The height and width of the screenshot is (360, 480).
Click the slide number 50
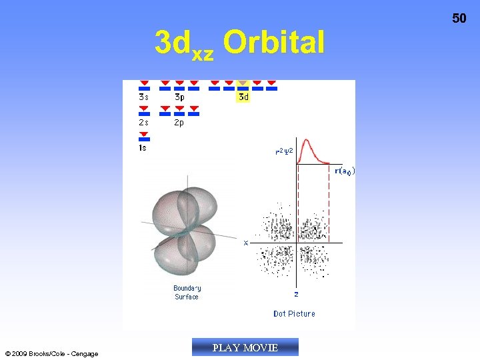pyautogui.click(x=459, y=19)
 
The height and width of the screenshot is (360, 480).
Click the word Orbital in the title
pyautogui.click(x=274, y=43)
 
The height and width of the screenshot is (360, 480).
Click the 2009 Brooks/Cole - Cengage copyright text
pyautogui.click(x=51, y=353)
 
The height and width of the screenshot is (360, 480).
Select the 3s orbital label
pyautogui.click(x=144, y=97)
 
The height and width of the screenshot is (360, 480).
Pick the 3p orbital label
pyautogui.click(x=179, y=97)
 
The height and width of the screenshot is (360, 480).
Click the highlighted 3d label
pyautogui.click(x=243, y=97)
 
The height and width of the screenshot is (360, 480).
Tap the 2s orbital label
pyautogui.click(x=144, y=123)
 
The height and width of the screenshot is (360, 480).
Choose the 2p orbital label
pyautogui.click(x=179, y=123)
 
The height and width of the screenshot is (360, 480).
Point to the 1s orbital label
pyautogui.click(x=143, y=148)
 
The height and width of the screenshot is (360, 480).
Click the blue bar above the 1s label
pyautogui.click(x=144, y=139)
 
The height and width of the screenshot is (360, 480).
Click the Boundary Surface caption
pyautogui.click(x=187, y=293)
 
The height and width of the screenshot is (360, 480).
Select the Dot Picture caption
pyautogui.click(x=294, y=313)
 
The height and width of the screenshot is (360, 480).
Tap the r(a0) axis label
pyautogui.click(x=344, y=171)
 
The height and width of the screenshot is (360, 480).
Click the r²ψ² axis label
pyautogui.click(x=285, y=151)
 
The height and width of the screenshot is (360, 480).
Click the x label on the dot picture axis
pyautogui.click(x=246, y=243)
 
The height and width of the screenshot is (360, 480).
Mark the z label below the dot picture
pyautogui.click(x=296, y=293)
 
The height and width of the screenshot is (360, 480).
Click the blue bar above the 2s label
pyautogui.click(x=144, y=114)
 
